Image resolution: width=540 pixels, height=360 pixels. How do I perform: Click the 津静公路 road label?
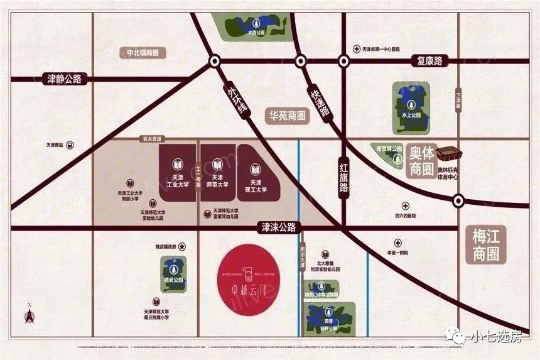[65, 79]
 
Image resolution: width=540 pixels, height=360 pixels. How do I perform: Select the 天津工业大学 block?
[177, 174]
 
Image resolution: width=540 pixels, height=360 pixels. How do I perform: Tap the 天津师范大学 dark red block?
[217, 174]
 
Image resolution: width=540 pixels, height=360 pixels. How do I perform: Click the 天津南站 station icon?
[70, 145]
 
